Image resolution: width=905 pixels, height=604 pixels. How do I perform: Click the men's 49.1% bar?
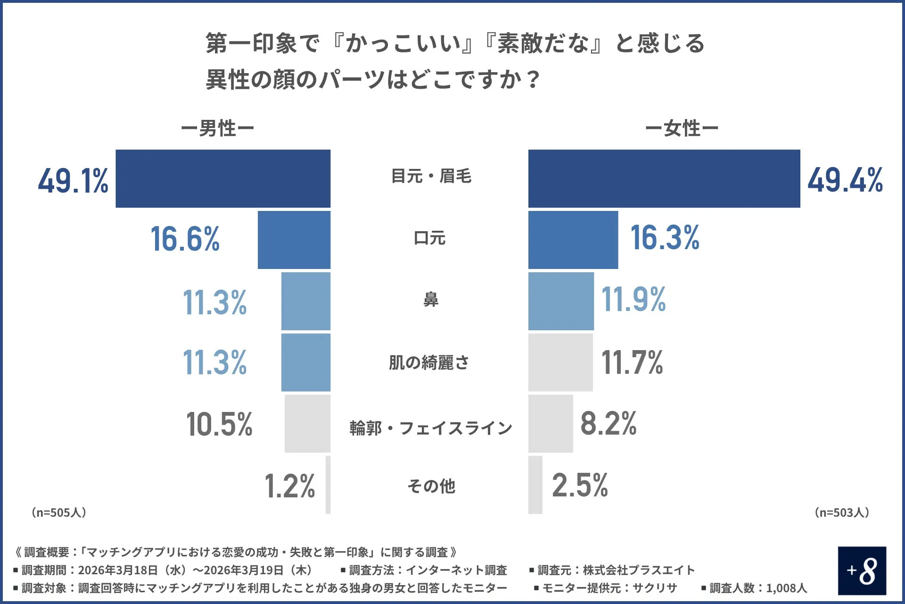tap(223, 178)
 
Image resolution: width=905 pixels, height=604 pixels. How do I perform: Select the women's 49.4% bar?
tap(664, 178)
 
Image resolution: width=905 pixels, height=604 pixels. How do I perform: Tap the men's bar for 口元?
tap(294, 240)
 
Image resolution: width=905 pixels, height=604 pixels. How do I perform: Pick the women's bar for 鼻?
tap(561, 301)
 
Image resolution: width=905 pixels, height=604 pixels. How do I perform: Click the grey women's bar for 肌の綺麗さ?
tap(560, 362)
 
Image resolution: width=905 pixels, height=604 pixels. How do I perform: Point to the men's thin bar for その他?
tap(328, 485)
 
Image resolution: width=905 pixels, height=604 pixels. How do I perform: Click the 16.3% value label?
tap(665, 238)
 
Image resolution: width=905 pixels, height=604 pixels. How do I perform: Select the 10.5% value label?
tap(219, 424)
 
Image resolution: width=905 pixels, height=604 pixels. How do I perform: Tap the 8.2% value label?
tap(608, 423)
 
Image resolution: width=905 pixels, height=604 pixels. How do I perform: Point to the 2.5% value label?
tap(580, 485)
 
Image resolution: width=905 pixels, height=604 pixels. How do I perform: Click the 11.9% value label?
tap(633, 300)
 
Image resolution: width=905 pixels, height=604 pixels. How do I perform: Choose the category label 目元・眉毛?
tap(431, 176)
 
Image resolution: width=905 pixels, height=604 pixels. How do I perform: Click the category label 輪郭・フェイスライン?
tap(431, 428)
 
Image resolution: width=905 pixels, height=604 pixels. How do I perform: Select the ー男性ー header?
tap(217, 128)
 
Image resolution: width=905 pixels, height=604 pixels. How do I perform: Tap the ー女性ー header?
tap(682, 128)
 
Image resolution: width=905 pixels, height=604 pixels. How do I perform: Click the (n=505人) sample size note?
tap(59, 512)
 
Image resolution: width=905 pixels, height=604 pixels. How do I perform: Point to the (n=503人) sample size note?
tap(842, 512)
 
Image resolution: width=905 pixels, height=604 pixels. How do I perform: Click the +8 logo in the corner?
tap(862, 570)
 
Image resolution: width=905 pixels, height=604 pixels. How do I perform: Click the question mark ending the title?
tap(533, 79)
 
